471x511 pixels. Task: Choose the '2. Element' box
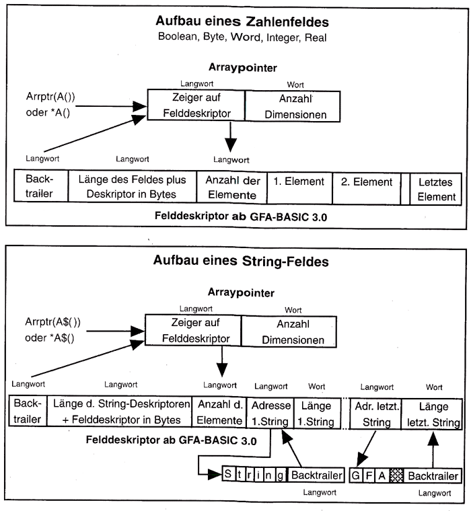pyautogui.click(x=365, y=188)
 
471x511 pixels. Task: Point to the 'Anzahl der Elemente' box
pyautogui.click(x=231, y=188)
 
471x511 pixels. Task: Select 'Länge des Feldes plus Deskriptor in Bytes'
pyautogui.click(x=132, y=188)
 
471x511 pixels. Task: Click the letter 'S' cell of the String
pyautogui.click(x=229, y=475)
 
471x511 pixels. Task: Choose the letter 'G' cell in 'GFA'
pyautogui.click(x=356, y=475)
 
